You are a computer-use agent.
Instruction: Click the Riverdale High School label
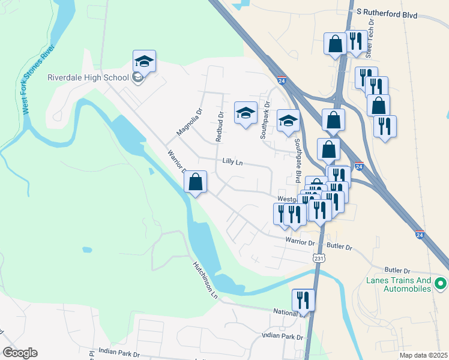pos(88,77)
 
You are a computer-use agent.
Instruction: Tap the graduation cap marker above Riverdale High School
pos(144,61)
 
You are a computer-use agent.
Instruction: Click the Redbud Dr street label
pos(220,127)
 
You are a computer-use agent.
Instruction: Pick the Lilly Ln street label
pos(232,161)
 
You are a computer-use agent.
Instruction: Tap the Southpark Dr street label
pos(264,124)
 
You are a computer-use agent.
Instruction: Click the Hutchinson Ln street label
pos(205,280)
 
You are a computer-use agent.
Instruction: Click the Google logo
pos(20,353)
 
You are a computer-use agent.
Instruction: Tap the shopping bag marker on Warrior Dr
pos(196,182)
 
